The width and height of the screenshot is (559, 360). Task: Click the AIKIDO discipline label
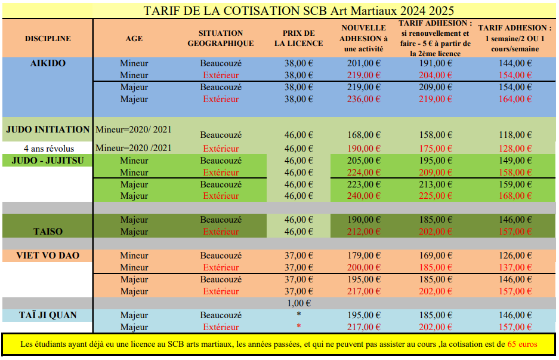pos(48,63)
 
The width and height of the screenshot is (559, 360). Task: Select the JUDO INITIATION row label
pos(48,130)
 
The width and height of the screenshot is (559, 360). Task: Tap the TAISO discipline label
pos(48,231)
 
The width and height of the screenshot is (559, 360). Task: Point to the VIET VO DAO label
pos(48,256)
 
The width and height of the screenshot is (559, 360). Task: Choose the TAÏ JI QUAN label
pos(48,315)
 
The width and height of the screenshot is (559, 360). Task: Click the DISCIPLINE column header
pos(48,39)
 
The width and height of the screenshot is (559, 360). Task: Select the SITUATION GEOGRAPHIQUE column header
pos(220,39)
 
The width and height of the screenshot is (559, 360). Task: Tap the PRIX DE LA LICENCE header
pos(298,39)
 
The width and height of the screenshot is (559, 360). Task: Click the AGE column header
pos(134,39)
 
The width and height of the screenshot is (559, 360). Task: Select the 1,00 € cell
pos(298,303)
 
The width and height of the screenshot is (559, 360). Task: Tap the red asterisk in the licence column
pos(298,327)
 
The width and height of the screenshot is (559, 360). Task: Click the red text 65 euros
pos(522,344)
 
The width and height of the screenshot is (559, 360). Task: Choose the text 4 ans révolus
pos(48,148)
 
